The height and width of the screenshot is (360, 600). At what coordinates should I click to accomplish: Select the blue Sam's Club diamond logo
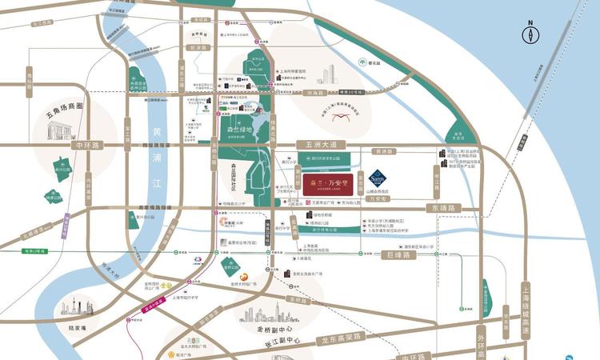[x=378, y=178]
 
